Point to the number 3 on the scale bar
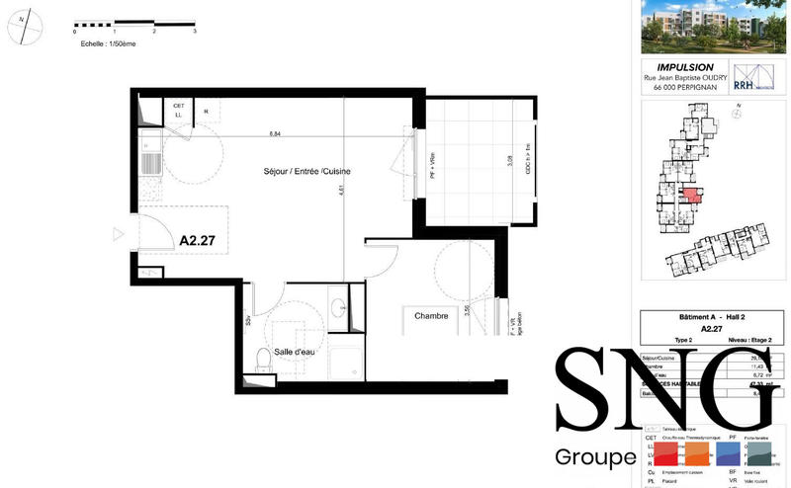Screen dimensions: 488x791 195,33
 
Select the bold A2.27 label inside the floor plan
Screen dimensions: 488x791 198,239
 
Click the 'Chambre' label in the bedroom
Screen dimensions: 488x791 431,316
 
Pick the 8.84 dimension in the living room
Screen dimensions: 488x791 276,133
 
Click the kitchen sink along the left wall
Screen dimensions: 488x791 151,162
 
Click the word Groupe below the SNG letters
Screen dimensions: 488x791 594,458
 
